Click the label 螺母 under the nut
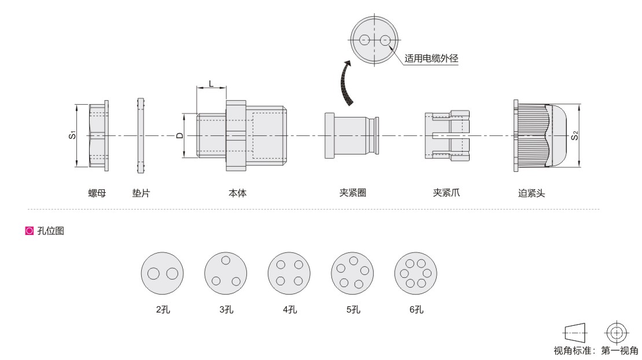coord(97,193)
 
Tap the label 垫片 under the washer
coord(141,193)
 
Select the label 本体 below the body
coord(238,193)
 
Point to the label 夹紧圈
coord(353,193)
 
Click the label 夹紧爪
coord(447,193)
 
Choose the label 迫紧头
coord(532,193)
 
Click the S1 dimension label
coord(72,135)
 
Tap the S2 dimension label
coord(575,135)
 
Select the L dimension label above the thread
coord(211,83)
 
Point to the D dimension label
coord(180,135)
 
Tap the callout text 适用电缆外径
coord(431,58)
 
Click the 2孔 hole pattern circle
coord(162,273)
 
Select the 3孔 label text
coord(226,310)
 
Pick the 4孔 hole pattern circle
coord(289,273)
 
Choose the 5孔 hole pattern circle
coord(353,273)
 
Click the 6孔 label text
coord(416,310)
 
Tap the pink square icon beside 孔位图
coord(29,230)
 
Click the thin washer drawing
coord(141,135)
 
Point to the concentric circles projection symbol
coord(617,333)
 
